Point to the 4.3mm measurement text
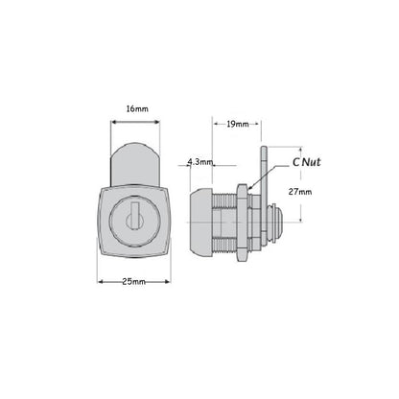(201, 161)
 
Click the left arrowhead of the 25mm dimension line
(99, 282)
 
